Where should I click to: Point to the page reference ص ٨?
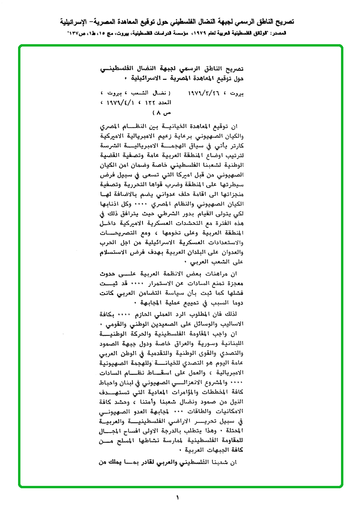[x=161, y=114]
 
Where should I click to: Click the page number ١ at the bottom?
[x=178, y=498]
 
